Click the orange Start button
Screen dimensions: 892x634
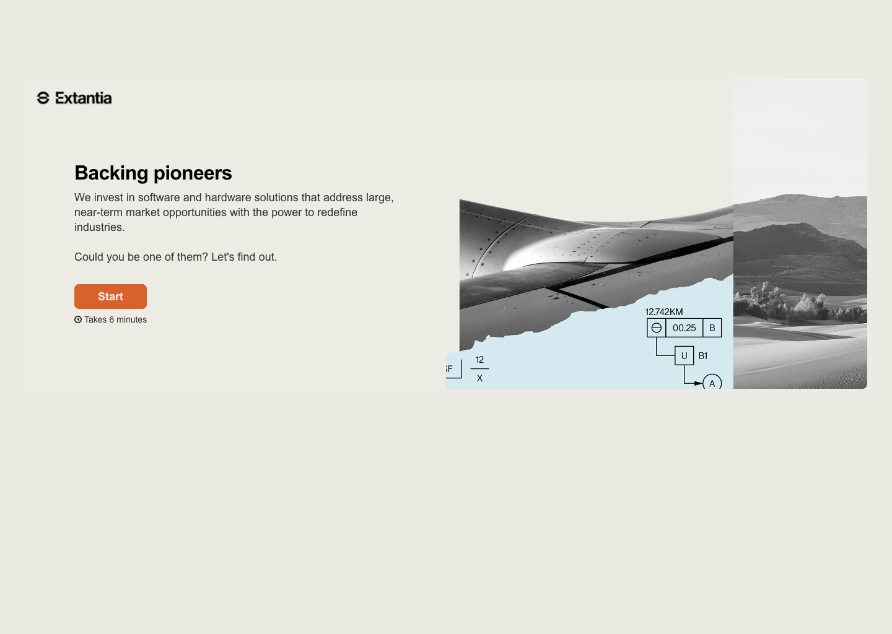coord(110,297)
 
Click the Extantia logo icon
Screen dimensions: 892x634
coord(43,98)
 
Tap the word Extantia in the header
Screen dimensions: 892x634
coord(83,98)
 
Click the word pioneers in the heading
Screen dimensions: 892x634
coord(193,173)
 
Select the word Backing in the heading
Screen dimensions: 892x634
coord(111,173)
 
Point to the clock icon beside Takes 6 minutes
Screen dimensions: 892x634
coord(78,319)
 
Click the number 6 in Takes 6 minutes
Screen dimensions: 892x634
coord(111,319)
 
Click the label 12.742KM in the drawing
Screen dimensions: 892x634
coord(664,311)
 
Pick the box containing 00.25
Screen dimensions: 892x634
coord(684,328)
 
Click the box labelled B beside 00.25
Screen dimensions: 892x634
coord(712,328)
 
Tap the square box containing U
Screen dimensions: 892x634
coord(684,355)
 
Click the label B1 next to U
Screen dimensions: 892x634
coord(703,356)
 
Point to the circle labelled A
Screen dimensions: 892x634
coord(712,382)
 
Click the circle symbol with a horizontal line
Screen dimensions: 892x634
coord(656,328)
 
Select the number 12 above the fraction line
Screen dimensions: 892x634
coord(479,360)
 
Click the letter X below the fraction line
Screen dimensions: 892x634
coord(479,378)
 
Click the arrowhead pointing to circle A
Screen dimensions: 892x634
coord(699,383)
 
